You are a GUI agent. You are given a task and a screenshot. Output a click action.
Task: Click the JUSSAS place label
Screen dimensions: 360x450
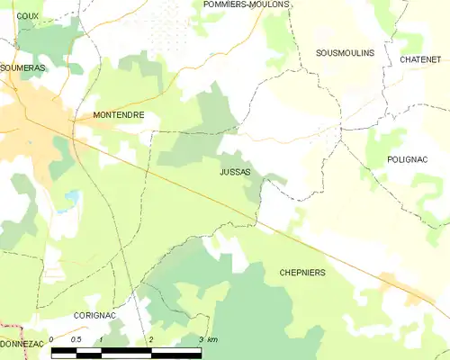coord(235,171)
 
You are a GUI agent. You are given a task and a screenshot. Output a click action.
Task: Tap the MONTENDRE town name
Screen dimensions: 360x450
coord(119,115)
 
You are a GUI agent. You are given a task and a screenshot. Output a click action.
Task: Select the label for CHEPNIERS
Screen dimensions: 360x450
coord(302,272)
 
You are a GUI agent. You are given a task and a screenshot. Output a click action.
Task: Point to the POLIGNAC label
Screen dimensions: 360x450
coord(408,159)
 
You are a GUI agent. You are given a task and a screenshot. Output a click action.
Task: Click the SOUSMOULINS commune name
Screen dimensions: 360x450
coord(345,53)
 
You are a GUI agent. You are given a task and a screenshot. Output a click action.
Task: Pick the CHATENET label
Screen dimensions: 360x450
coord(420,59)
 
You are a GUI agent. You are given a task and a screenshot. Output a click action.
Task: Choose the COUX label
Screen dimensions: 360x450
coord(28,16)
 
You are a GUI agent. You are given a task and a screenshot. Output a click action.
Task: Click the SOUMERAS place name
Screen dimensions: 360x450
coord(22,67)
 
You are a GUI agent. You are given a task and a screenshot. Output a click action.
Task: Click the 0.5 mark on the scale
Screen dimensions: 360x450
coord(76,339)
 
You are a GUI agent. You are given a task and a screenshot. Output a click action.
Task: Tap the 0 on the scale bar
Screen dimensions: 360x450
coord(52,339)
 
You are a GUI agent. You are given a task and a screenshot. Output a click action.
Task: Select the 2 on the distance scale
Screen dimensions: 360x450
coord(151,339)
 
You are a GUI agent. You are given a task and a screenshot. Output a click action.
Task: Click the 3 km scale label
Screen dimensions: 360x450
coord(207,339)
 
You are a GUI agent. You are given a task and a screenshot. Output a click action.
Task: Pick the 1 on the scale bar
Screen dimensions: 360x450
coord(102,339)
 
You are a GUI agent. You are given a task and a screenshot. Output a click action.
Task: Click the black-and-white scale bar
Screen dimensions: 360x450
coord(126,352)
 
